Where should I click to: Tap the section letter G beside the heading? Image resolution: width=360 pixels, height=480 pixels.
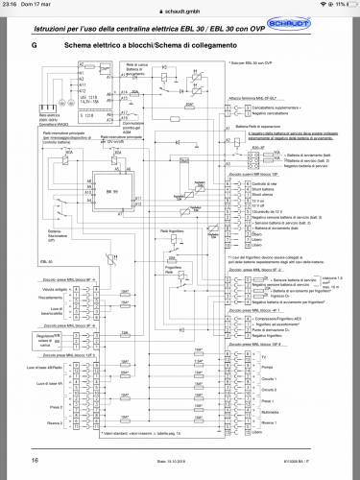(x=34, y=45)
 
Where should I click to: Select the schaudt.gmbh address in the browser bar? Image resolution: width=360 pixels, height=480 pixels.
(x=180, y=6)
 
